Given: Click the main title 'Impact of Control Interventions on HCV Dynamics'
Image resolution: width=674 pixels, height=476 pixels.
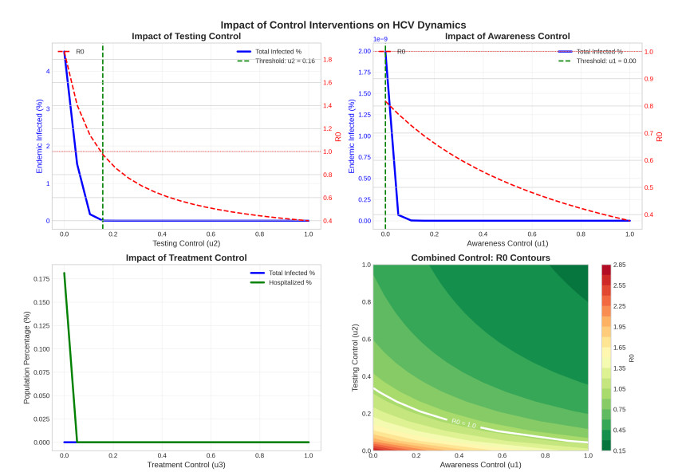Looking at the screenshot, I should point(344,25).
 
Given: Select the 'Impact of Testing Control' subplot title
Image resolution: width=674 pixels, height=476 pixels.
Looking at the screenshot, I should point(186,36).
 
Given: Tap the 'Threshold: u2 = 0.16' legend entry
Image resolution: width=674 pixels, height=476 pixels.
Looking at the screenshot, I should point(285,61).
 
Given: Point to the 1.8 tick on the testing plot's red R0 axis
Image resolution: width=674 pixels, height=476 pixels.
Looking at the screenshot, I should point(327,60).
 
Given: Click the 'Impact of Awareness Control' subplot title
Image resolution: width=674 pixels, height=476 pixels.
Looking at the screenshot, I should point(507,36).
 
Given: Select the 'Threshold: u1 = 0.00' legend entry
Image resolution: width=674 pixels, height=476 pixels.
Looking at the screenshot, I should point(606,61).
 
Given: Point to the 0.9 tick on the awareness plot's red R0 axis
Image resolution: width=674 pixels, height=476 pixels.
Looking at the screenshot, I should point(648,78).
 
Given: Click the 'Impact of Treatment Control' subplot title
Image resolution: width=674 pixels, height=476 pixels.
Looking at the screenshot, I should point(186,258).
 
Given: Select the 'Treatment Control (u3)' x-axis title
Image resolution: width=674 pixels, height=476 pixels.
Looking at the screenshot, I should point(186,464).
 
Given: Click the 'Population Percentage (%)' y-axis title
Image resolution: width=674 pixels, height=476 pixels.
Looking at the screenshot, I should point(26,356).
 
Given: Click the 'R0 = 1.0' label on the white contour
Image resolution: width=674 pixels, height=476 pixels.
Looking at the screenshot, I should point(463,423).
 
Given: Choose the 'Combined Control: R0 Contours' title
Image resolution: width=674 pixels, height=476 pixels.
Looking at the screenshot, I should point(480,258).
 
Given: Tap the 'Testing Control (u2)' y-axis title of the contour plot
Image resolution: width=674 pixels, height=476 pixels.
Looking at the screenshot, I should point(355,356).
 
